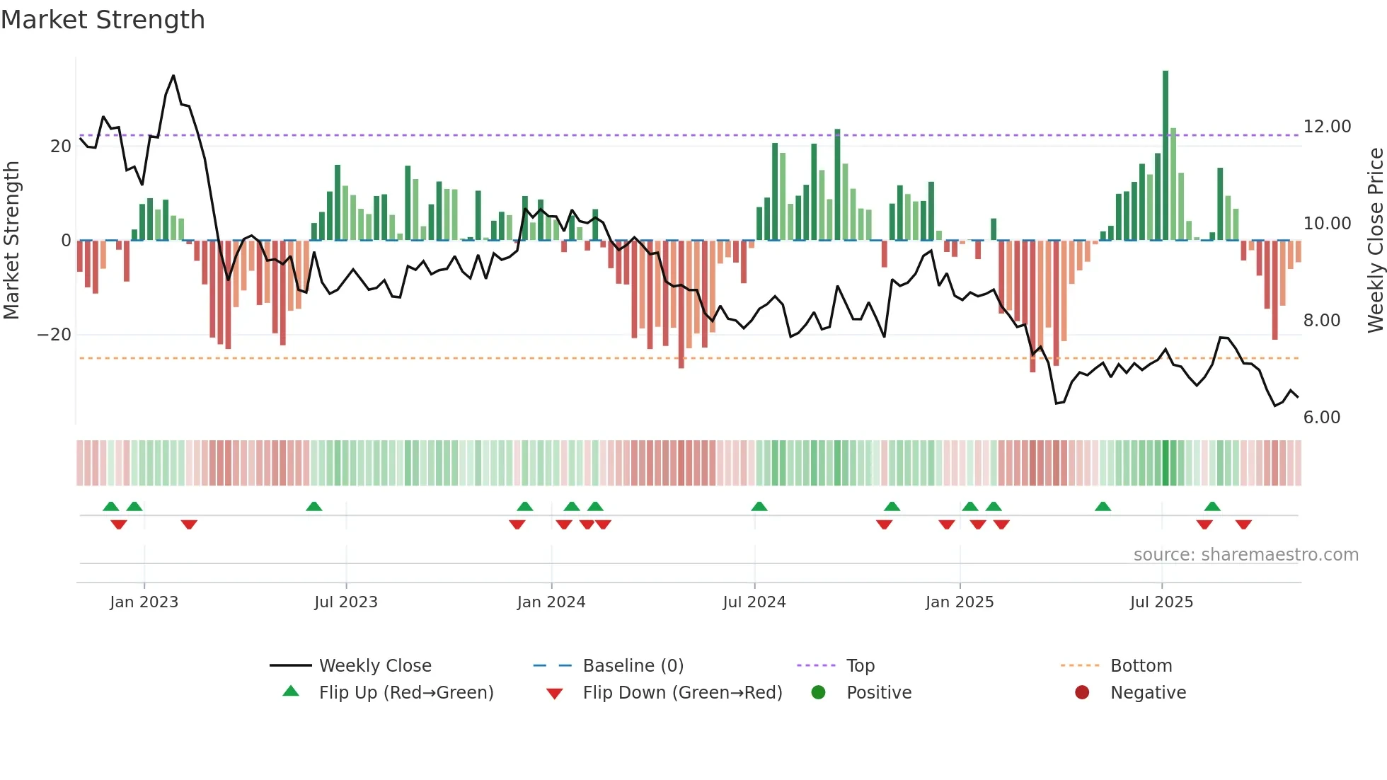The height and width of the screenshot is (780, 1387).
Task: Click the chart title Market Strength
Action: (x=103, y=20)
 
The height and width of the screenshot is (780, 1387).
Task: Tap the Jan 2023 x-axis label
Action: (x=144, y=602)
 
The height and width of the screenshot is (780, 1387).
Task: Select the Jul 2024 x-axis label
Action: (x=754, y=602)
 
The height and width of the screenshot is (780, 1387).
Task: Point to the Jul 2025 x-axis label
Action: (x=1161, y=602)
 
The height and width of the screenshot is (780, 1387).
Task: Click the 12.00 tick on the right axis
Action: (x=1327, y=127)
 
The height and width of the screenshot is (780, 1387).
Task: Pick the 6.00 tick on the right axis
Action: (x=1321, y=418)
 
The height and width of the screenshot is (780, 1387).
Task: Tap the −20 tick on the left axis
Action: (x=54, y=335)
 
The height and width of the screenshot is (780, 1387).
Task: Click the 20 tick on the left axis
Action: (x=61, y=147)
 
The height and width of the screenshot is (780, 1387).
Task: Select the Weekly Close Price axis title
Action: (x=1375, y=241)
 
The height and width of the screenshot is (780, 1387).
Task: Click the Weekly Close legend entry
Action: (x=375, y=666)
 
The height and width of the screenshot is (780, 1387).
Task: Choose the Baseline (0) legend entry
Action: (x=633, y=666)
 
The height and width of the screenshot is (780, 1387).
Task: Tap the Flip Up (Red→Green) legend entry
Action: (x=405, y=693)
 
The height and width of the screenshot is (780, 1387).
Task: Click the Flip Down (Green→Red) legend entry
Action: (x=682, y=693)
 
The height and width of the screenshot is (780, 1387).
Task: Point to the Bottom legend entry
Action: (x=1141, y=666)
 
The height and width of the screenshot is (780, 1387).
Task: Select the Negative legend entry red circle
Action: (x=1082, y=693)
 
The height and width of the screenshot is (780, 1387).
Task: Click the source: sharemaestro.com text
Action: (x=1245, y=555)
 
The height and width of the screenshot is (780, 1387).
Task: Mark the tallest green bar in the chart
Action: (x=1166, y=156)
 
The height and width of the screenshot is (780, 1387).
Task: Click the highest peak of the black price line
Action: (x=173, y=76)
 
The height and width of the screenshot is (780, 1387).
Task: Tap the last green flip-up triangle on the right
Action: (x=1212, y=506)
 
